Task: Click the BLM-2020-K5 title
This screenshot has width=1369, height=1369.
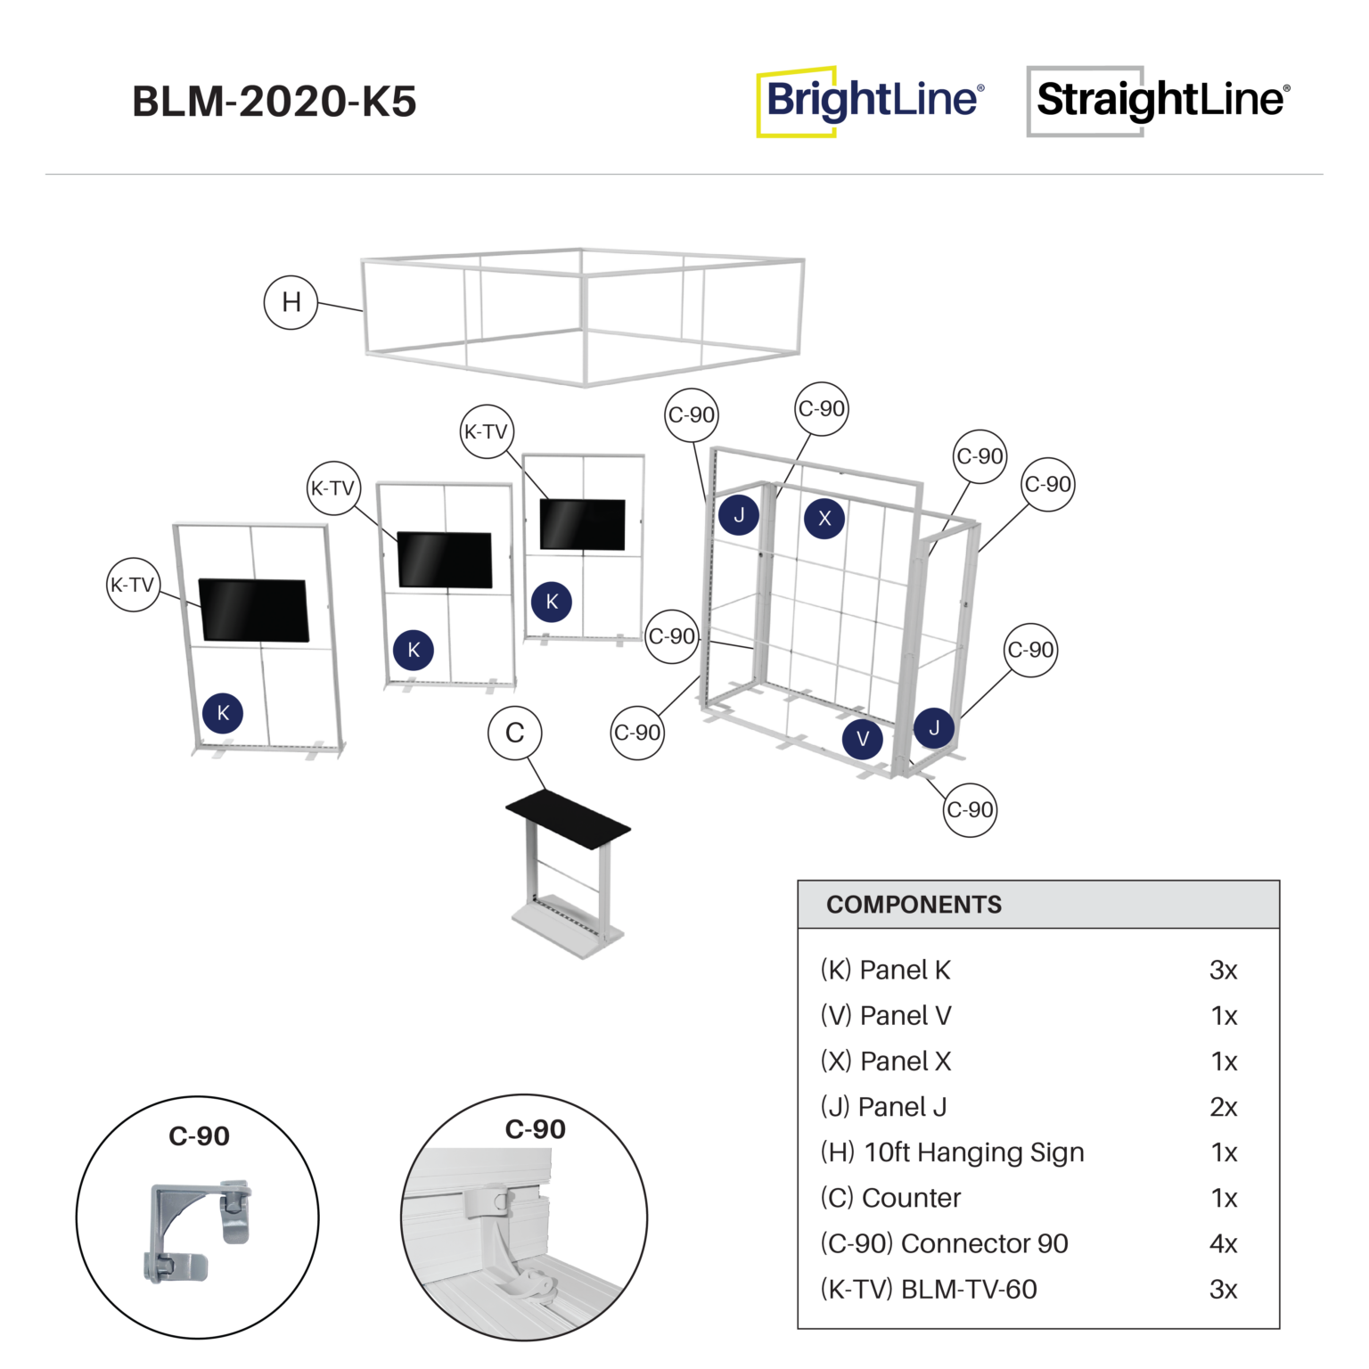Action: tap(275, 102)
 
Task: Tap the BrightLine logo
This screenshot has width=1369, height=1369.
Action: tap(871, 101)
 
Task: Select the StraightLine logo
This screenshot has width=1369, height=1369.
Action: tap(1159, 101)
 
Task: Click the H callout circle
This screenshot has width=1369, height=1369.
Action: tap(291, 303)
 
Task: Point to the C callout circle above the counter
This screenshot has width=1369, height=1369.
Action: tap(514, 733)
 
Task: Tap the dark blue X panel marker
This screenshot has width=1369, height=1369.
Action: tap(824, 518)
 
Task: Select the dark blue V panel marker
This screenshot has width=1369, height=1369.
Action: tap(862, 739)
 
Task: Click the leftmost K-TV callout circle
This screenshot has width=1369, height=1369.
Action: tap(133, 585)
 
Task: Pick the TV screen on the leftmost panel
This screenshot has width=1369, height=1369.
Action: tap(254, 610)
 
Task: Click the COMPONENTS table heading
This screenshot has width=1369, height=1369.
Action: tap(914, 905)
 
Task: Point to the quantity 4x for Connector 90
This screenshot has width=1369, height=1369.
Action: tap(1223, 1243)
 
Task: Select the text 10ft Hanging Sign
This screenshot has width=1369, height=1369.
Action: tap(974, 1152)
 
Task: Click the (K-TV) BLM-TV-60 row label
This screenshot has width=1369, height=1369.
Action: tap(928, 1290)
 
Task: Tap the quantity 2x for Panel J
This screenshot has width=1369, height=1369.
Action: tap(1223, 1107)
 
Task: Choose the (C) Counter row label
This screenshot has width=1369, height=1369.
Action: tap(890, 1198)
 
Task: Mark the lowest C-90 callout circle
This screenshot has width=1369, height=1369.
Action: tap(970, 809)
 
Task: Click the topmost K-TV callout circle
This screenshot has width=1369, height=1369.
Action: tap(487, 432)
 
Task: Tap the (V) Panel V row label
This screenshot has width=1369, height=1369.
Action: tap(886, 1016)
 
